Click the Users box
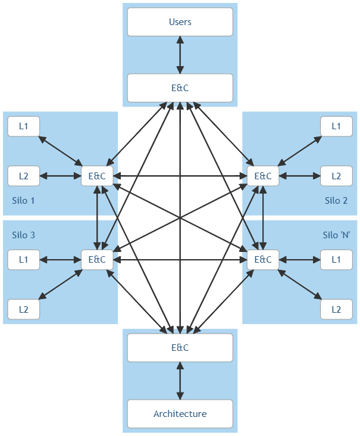(x=180, y=22)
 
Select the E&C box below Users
(x=180, y=88)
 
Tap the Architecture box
(x=180, y=414)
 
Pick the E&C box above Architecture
(x=180, y=348)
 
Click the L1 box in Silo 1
(x=23, y=126)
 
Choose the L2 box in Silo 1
(x=23, y=176)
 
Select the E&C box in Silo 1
(x=97, y=176)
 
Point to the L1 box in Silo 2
(x=336, y=126)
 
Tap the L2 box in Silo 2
(x=336, y=176)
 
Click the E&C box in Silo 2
(x=263, y=176)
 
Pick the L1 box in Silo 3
(x=23, y=260)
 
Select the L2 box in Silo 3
(x=23, y=310)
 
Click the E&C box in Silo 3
(x=97, y=260)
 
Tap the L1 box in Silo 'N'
(x=336, y=260)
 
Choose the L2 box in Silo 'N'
(x=336, y=310)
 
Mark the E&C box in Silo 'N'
(x=263, y=260)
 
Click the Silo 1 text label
(x=23, y=201)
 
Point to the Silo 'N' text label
(x=336, y=235)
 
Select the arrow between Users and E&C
(x=180, y=55)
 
